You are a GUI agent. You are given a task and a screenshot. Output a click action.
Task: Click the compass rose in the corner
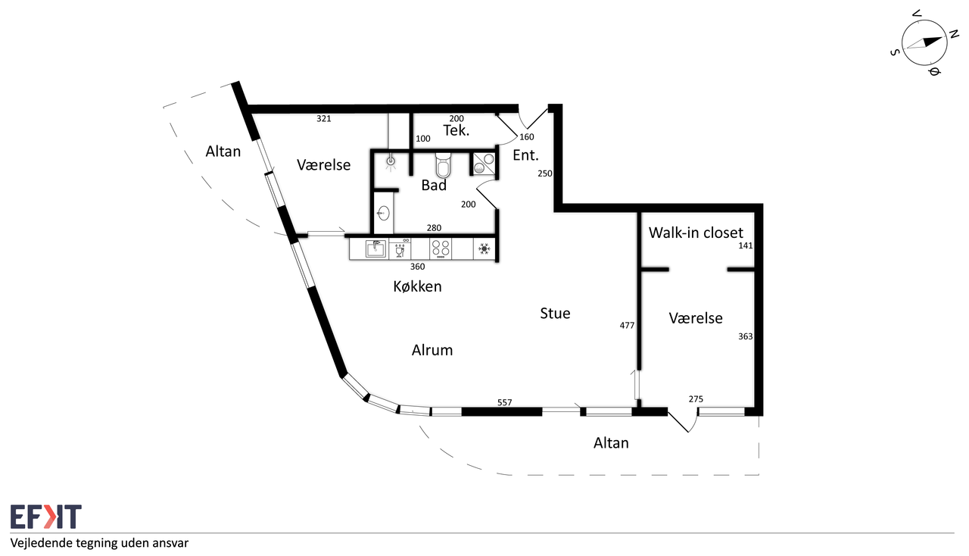(924, 43)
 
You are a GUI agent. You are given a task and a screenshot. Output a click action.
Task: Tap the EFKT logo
(46, 516)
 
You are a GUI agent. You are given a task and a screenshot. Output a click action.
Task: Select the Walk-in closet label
(696, 233)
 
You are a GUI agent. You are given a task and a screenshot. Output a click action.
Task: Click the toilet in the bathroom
(443, 164)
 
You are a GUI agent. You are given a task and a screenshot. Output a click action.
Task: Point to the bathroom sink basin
(383, 213)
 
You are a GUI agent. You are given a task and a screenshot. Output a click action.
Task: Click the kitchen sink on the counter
(375, 249)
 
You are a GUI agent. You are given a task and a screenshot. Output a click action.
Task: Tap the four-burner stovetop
(441, 248)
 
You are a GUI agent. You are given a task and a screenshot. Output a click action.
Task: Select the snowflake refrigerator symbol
(484, 249)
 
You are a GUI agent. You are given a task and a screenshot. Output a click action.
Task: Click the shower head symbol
(391, 161)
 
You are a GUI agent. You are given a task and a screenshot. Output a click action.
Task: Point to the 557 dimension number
(504, 402)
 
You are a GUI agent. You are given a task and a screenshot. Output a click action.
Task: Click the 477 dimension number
(627, 325)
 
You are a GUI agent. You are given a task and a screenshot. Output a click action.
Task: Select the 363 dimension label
(746, 336)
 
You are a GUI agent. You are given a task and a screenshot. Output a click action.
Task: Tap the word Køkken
(417, 286)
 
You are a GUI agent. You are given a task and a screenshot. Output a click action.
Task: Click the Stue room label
(555, 313)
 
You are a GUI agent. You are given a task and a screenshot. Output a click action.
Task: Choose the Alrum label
(432, 350)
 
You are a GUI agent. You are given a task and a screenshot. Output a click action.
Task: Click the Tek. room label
(456, 130)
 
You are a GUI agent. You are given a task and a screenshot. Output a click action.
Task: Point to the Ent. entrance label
(525, 155)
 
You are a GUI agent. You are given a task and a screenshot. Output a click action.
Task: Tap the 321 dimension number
(323, 119)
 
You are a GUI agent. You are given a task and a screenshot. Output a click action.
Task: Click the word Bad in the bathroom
(434, 186)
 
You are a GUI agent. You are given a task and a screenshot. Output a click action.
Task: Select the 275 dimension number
(696, 398)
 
